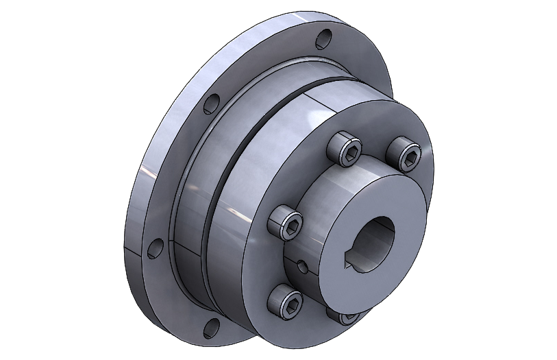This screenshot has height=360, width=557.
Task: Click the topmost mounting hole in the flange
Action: coord(324,37)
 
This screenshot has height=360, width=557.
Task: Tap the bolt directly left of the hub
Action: coord(286,221)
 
